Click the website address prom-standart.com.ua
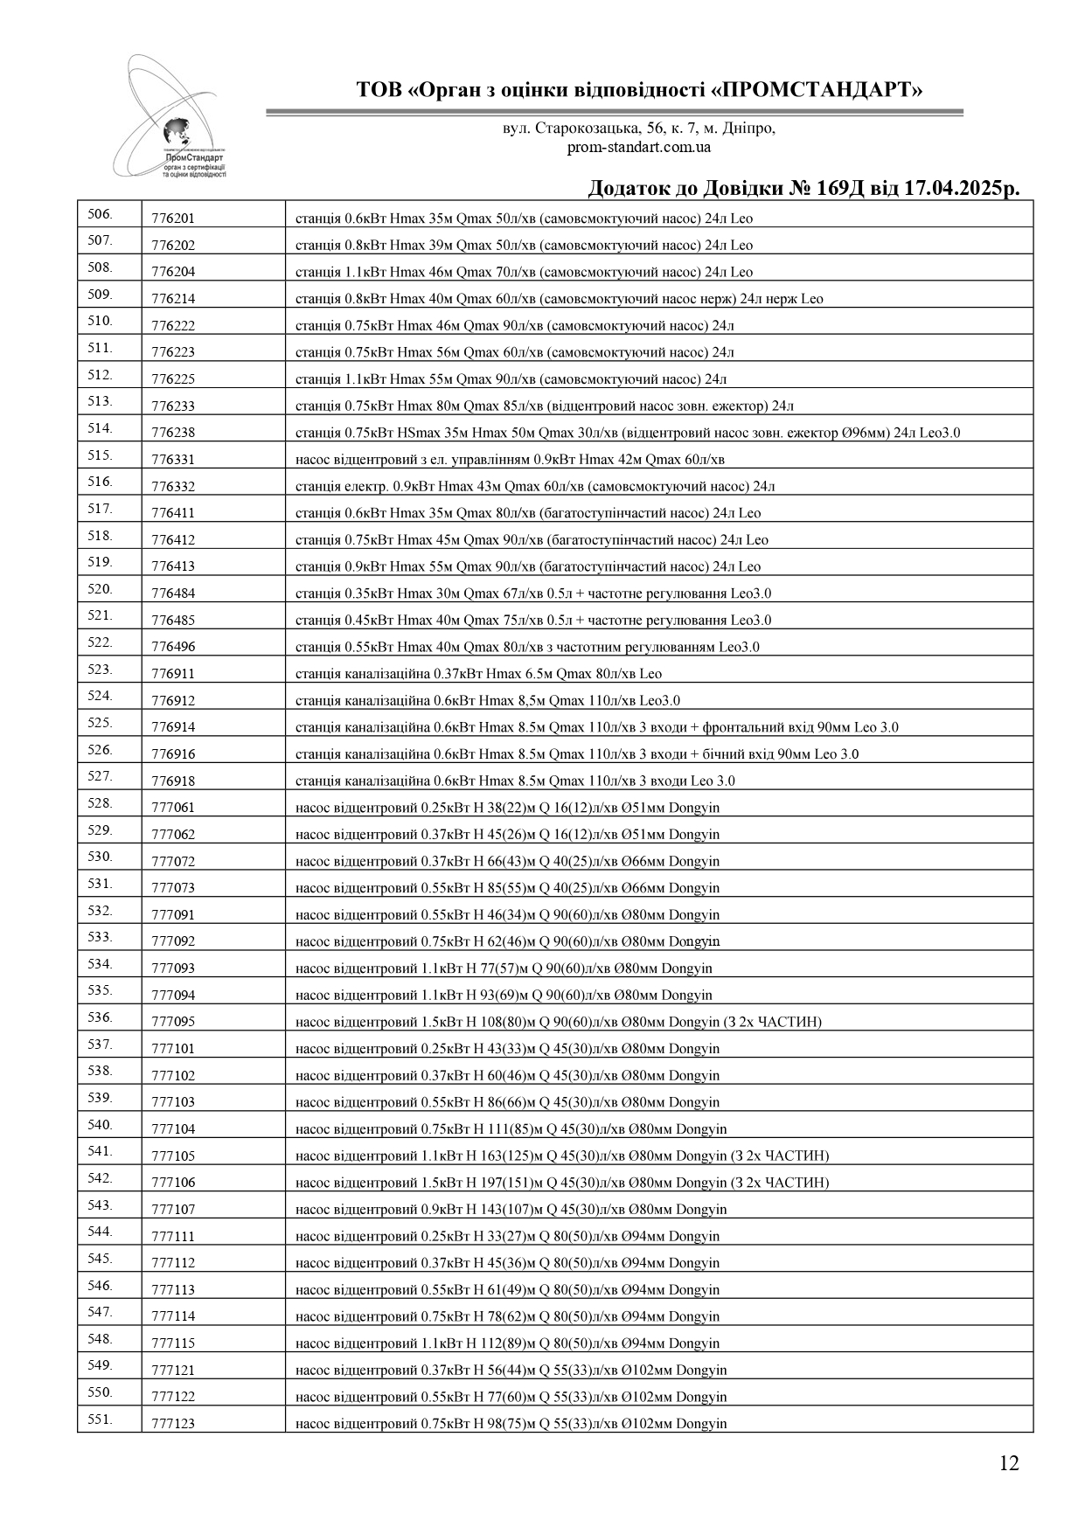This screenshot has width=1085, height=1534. pyautogui.click(x=639, y=147)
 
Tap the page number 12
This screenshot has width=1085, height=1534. pyautogui.click(x=1009, y=1463)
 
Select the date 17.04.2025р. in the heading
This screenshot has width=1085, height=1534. pyautogui.click(x=943, y=189)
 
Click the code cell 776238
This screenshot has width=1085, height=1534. pyautogui.click(x=173, y=433)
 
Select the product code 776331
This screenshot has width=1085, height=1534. pyautogui.click(x=173, y=460)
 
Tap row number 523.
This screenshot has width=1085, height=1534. pyautogui.click(x=101, y=670)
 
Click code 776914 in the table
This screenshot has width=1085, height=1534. pyautogui.click(x=173, y=727)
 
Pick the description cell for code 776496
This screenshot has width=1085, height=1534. pyautogui.click(x=527, y=647)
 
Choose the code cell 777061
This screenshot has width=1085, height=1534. pyautogui.click(x=173, y=808)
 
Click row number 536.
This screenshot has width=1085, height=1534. pyautogui.click(x=101, y=1017)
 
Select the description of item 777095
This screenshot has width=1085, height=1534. pyautogui.click(x=558, y=1022)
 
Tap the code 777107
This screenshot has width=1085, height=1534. pyautogui.click(x=173, y=1210)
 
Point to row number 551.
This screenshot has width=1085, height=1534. pyautogui.click(x=101, y=1419)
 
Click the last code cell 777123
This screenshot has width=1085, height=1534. pyautogui.click(x=173, y=1424)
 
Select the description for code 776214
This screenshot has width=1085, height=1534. pyautogui.click(x=559, y=299)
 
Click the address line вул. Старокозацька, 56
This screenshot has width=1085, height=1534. pyautogui.click(x=639, y=128)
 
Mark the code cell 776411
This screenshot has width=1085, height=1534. pyautogui.click(x=173, y=513)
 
